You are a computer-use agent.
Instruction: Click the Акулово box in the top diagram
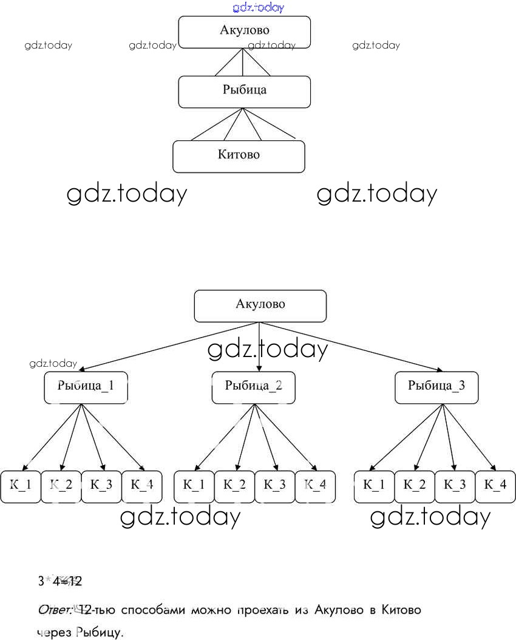244,32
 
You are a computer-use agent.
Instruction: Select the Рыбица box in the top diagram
244,92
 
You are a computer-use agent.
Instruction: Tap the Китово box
239,156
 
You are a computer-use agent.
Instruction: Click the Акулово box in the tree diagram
260,305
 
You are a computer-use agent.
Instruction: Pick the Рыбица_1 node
86,387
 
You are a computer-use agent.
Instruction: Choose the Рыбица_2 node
253,387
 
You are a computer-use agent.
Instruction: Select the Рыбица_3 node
436,387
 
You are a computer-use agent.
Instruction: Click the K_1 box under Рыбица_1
21,486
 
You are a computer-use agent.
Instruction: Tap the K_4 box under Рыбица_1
142,486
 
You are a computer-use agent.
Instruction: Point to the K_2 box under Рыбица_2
234,486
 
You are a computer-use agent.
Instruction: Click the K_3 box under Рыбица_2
274,486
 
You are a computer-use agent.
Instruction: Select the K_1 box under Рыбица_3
374,486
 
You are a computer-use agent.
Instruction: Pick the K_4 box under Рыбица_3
495,486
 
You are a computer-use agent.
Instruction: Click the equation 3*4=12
60,582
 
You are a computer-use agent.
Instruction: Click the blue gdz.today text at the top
258,8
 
